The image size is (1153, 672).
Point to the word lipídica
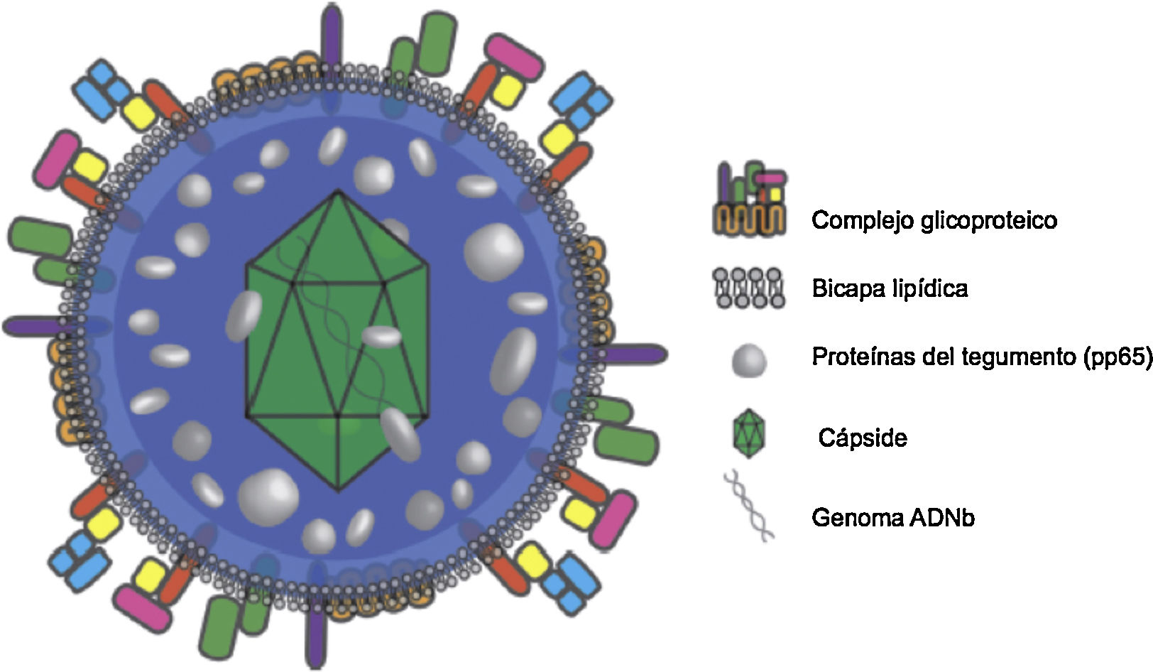(x=932, y=288)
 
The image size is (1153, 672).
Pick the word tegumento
(x=1018, y=357)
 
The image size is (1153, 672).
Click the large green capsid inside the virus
(x=337, y=341)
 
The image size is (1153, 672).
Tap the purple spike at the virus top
(x=330, y=32)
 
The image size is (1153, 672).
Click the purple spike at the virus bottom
(x=317, y=636)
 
